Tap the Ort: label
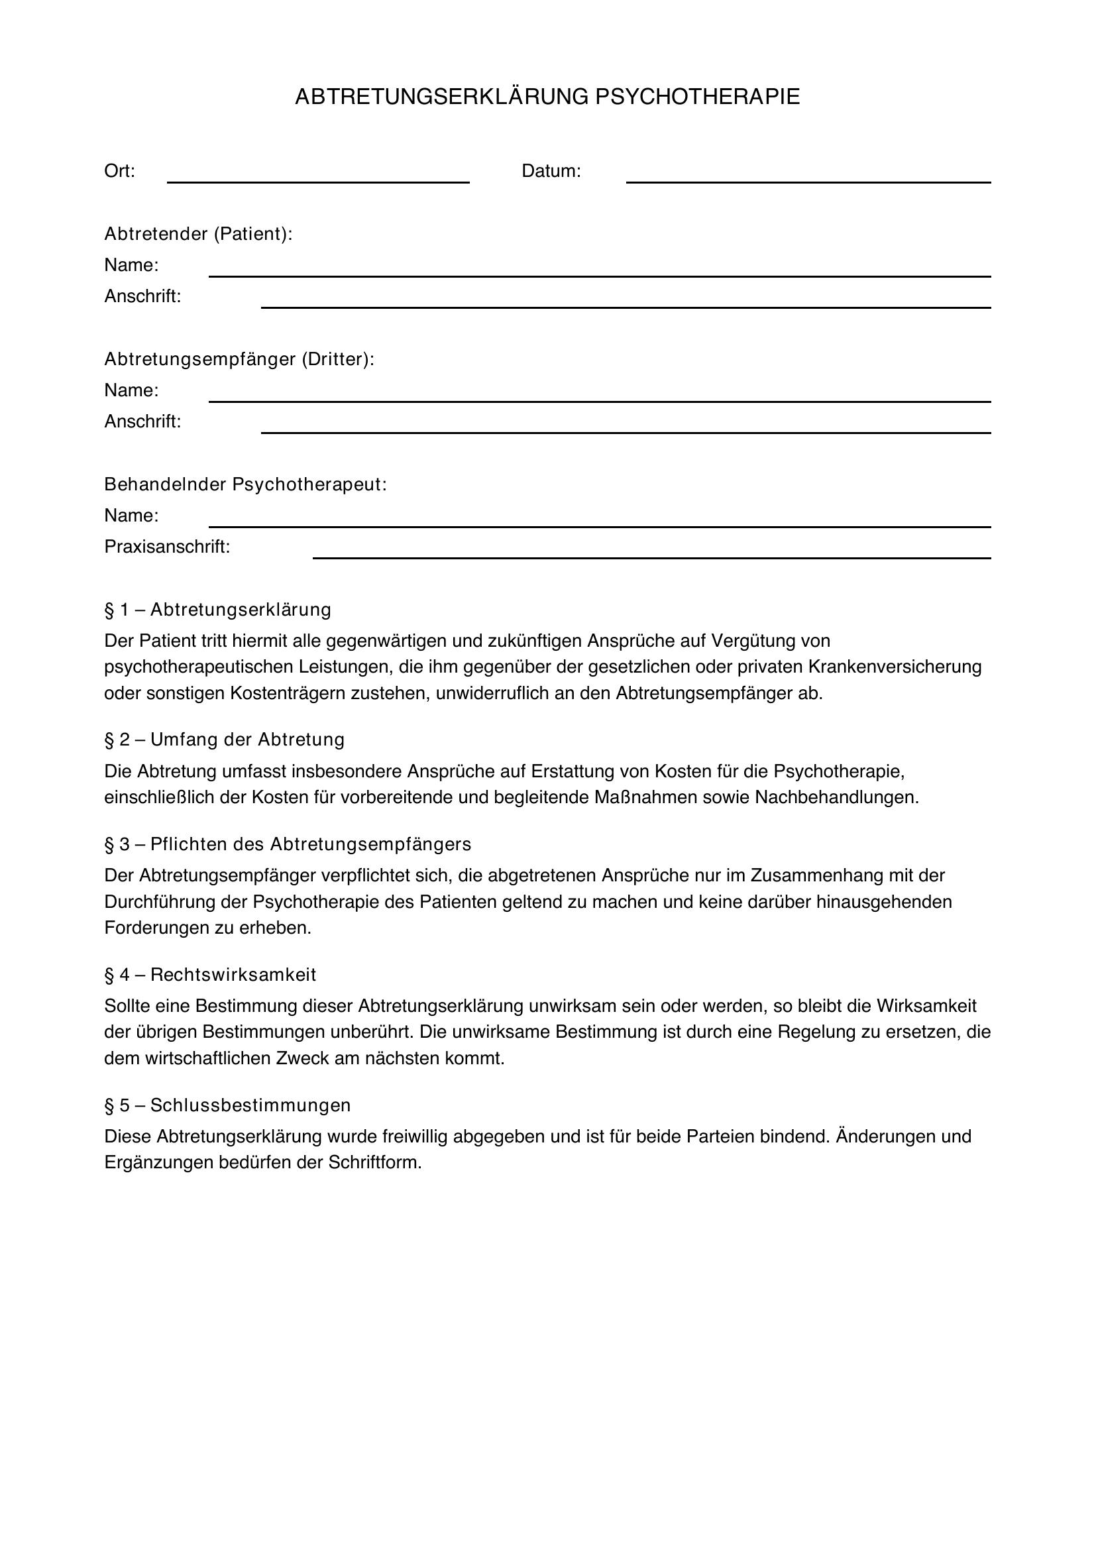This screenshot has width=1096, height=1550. [119, 172]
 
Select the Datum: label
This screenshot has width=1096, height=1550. [551, 172]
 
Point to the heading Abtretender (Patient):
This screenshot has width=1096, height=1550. [198, 234]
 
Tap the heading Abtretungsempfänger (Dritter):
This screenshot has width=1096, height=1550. [239, 359]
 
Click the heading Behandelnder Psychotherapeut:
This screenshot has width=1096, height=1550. [246, 484]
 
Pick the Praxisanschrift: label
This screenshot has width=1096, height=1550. [167, 547]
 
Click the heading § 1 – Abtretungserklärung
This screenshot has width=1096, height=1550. [217, 610]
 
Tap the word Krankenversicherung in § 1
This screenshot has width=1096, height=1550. [894, 667]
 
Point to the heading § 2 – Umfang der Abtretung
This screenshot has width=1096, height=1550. [224, 740]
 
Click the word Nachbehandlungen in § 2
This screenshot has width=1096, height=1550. [836, 797]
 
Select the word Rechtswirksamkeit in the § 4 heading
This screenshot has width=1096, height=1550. [233, 975]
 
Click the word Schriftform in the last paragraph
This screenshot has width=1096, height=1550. [374, 1162]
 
